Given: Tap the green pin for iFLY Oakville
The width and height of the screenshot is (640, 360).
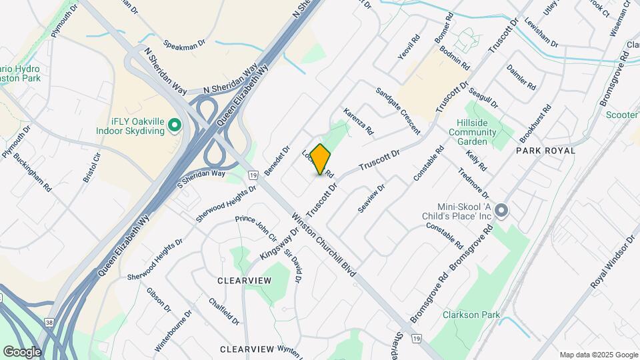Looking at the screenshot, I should coord(174,125).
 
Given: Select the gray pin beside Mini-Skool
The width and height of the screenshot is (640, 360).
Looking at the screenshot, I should coord(503,211).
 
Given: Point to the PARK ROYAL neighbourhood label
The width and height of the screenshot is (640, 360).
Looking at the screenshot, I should coord(545,151).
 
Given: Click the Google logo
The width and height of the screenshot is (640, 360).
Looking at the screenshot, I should coord(22,351).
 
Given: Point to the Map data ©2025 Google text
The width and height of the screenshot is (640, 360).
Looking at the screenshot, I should coord(597,355).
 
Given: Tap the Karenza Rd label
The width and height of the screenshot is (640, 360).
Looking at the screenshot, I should coord(359,120).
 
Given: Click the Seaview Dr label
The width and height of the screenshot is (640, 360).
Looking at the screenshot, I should coord(371,199).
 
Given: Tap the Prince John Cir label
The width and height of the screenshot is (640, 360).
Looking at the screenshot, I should coord(256,228).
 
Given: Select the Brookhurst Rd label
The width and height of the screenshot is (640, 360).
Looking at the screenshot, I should coord(535,123).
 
